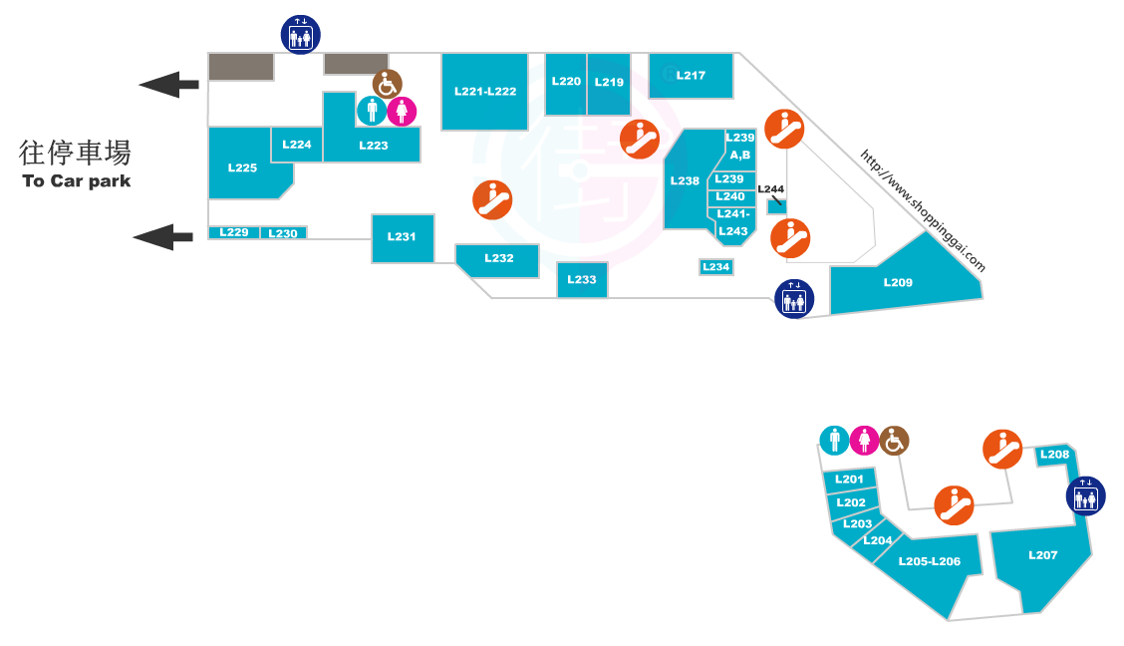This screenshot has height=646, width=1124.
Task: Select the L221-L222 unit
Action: pyautogui.click(x=485, y=92)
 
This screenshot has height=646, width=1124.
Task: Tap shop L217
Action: pyautogui.click(x=692, y=76)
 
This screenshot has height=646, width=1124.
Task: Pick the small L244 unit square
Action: pyautogui.click(x=776, y=206)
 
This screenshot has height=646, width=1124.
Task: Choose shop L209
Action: pyautogui.click(x=899, y=282)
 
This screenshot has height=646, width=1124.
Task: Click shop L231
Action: pyautogui.click(x=403, y=237)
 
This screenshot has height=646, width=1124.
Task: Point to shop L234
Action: pyautogui.click(x=716, y=267)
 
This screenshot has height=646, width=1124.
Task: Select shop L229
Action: pyautogui.click(x=233, y=232)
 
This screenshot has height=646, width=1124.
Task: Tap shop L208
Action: pyautogui.click(x=1054, y=456)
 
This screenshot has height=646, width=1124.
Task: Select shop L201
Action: pyautogui.click(x=849, y=480)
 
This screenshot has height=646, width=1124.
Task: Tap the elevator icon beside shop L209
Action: pyautogui.click(x=794, y=299)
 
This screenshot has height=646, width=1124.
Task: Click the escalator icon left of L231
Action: pyautogui.click(x=492, y=200)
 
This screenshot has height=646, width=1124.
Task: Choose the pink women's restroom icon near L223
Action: pyautogui.click(x=402, y=111)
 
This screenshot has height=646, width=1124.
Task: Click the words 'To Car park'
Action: pyautogui.click(x=77, y=181)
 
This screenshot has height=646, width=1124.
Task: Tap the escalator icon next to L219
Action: pyautogui.click(x=640, y=139)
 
